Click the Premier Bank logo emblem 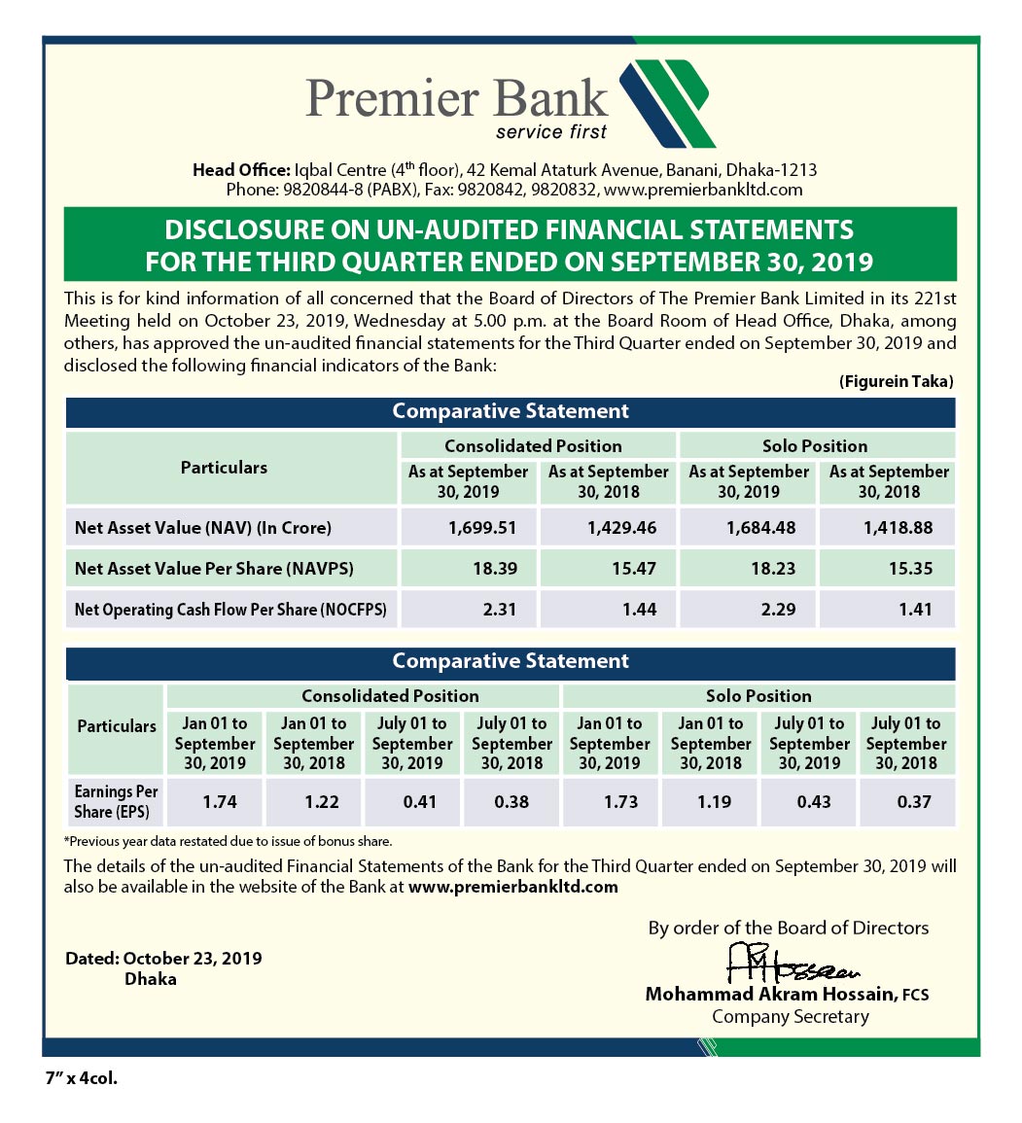(668, 102)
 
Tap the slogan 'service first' (550, 132)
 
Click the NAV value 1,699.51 (476, 528)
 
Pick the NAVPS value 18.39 (495, 569)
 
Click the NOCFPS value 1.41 (915, 610)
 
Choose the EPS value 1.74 (220, 802)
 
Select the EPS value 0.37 (914, 802)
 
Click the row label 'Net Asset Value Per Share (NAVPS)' (214, 569)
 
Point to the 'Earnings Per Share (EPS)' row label (116, 802)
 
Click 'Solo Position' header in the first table (815, 446)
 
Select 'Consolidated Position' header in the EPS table (390, 696)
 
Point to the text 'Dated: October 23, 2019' (163, 959)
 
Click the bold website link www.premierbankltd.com (513, 887)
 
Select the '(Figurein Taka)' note (896, 382)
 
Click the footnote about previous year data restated (229, 841)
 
